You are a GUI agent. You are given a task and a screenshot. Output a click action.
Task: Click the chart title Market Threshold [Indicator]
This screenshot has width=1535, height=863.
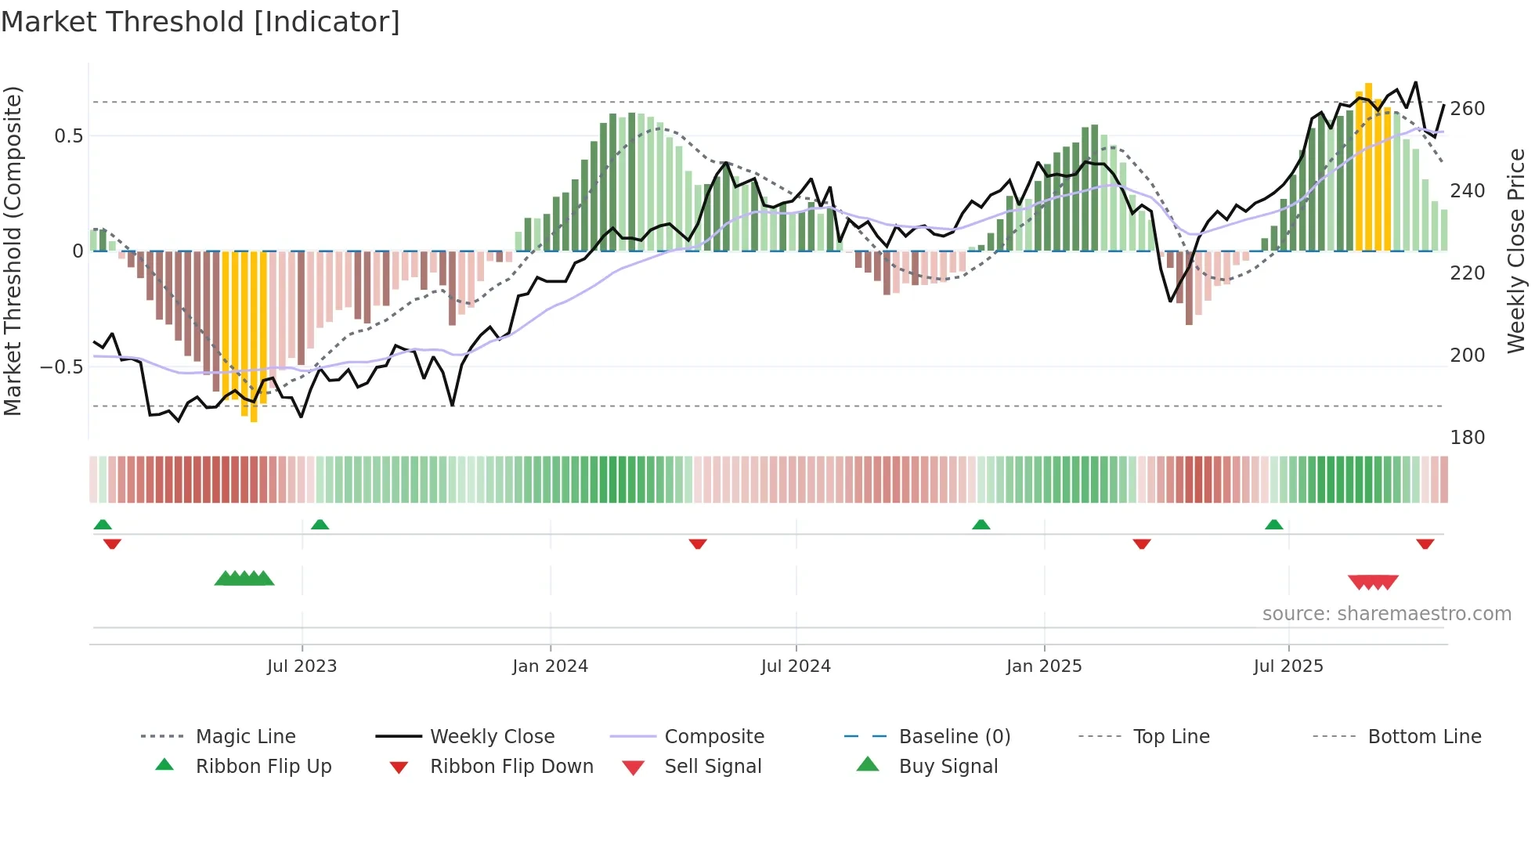click(200, 22)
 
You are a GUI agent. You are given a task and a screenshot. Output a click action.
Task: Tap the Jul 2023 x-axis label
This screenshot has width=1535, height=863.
click(302, 666)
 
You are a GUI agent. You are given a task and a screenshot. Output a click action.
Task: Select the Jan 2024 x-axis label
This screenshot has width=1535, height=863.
click(550, 666)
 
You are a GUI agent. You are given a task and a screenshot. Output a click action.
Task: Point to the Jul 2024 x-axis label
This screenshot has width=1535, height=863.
click(796, 666)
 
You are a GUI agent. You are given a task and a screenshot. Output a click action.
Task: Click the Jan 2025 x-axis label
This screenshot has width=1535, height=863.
click(1044, 666)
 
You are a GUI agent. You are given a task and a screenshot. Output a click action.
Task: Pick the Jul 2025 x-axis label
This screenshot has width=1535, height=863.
click(1288, 666)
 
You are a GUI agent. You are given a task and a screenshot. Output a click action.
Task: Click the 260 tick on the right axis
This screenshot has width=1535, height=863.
click(1467, 109)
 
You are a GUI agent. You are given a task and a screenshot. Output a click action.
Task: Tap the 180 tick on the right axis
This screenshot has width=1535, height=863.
click(1467, 438)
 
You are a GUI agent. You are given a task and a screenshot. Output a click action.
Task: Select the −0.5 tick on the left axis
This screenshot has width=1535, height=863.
click(62, 367)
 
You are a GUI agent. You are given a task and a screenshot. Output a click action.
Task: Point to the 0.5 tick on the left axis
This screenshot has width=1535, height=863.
click(68, 136)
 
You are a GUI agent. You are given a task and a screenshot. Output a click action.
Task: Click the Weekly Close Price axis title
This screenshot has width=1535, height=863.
click(1516, 251)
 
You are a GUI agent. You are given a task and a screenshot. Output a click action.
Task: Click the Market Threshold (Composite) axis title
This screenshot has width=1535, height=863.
click(13, 251)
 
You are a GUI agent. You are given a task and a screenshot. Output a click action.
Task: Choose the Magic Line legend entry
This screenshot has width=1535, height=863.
click(245, 737)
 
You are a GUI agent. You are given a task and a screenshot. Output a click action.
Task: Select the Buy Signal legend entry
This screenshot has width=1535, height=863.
click(948, 767)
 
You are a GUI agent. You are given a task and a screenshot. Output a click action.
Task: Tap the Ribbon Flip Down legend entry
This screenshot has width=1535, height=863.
click(511, 767)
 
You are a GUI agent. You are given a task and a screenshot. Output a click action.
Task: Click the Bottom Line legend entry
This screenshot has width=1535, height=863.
click(1424, 737)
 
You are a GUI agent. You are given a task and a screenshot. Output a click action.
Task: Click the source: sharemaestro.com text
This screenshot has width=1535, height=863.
click(1386, 614)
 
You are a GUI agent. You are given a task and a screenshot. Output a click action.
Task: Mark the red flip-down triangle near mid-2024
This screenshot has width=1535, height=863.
click(698, 543)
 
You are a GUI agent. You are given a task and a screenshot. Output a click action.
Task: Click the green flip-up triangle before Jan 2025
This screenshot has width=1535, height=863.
click(981, 525)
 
